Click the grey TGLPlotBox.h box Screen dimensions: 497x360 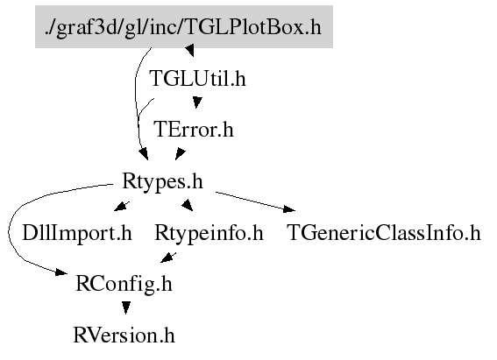184,26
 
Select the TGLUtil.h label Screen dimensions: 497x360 197,79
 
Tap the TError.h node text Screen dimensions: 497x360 194,129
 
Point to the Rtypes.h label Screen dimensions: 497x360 162,181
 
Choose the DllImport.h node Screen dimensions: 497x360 77,233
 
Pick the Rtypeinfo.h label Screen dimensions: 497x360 209,233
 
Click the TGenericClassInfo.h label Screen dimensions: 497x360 384,233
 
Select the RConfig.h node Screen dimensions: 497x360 124,284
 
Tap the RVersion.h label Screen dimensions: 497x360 124,335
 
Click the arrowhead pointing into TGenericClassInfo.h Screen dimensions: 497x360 289,209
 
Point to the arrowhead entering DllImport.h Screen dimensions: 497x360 120,207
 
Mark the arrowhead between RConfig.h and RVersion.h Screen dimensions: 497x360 126,307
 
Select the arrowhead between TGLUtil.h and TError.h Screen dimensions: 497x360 197,102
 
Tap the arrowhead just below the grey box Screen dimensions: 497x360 190,50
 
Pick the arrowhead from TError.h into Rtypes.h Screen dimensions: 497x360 180,154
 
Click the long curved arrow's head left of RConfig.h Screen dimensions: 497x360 61,272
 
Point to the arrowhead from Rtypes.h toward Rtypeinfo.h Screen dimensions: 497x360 188,205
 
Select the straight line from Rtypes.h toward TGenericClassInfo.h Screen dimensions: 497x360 250,200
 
